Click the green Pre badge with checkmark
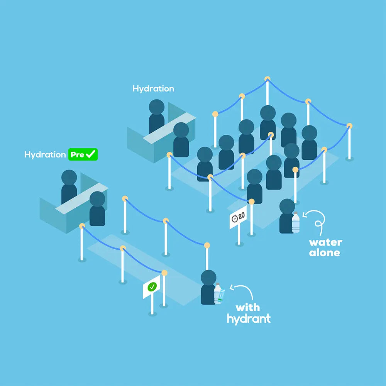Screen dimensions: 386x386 [x=83, y=154]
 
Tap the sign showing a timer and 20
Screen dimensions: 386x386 [x=238, y=217]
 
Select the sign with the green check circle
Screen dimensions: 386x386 [x=152, y=287]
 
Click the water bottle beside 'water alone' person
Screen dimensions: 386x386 [x=296, y=223]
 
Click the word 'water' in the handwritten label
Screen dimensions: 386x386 [x=325, y=242]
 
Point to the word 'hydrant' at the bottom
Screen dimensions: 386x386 [x=249, y=319]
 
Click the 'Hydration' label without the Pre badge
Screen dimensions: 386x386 [x=153, y=88]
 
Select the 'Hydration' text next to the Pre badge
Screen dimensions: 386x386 [x=45, y=154]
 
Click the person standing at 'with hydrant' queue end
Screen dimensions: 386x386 [x=208, y=288]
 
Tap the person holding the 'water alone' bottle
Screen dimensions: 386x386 [x=287, y=216]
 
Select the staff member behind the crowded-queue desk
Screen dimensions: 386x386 [x=156, y=116]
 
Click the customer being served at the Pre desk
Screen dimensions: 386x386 [x=97, y=209]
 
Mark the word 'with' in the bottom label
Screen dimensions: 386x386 [x=247, y=308]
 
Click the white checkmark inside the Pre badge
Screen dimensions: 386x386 [x=91, y=154]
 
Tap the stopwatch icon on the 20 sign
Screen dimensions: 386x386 [x=235, y=218]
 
